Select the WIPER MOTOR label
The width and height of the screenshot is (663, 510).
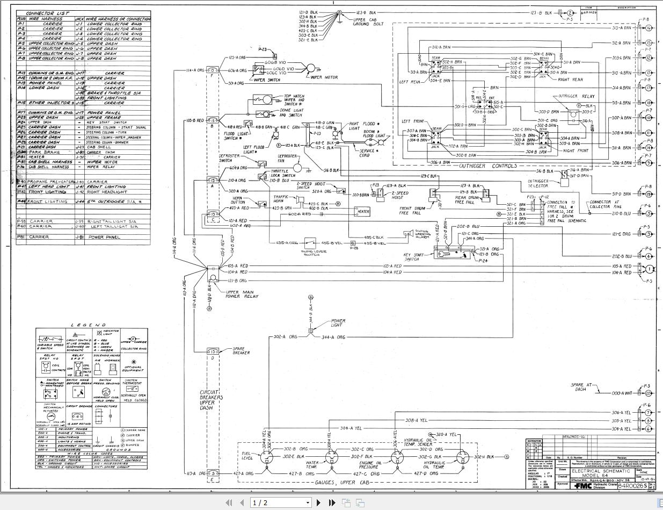click(x=324, y=77)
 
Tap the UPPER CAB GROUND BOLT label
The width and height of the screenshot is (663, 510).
click(x=368, y=21)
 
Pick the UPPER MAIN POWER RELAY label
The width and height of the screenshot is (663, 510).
click(x=242, y=294)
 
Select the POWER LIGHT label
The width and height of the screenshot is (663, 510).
click(x=338, y=322)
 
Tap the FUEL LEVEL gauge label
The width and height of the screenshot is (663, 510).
click(x=246, y=455)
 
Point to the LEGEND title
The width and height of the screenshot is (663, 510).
click(x=81, y=325)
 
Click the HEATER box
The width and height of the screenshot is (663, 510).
click(x=363, y=212)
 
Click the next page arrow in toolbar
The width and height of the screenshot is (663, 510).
click(x=319, y=502)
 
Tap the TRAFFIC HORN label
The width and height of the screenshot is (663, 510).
click(x=282, y=199)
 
